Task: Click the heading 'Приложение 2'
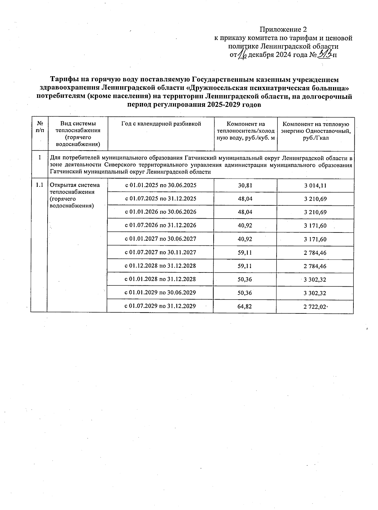[x=283, y=30]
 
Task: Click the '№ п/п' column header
[x=40, y=127]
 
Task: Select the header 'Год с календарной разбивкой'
[x=161, y=124]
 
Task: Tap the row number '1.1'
[x=39, y=185]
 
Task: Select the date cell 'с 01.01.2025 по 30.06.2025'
[x=161, y=185]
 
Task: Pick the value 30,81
[x=245, y=186]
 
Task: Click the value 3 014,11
[x=315, y=186]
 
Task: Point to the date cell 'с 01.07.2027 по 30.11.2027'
[x=161, y=252]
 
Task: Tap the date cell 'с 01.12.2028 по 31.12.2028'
[x=161, y=266]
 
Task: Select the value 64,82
[x=245, y=306]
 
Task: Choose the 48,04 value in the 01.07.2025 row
[x=245, y=199]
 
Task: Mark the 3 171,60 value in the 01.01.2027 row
[x=315, y=239]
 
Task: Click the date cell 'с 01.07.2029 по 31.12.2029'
[x=161, y=306]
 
